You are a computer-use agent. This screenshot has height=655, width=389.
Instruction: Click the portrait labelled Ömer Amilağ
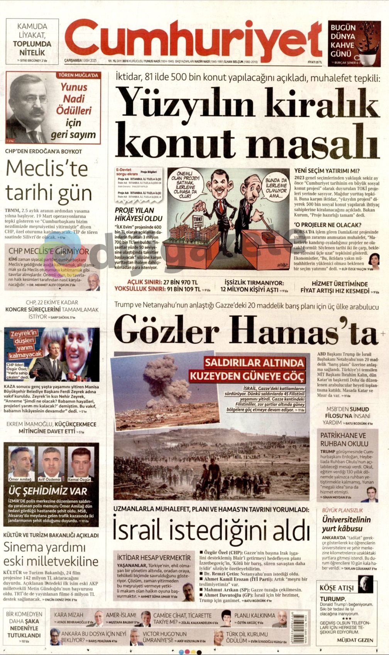[x=20, y=462]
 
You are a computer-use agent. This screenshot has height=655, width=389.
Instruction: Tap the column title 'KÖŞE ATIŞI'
[x=337, y=588]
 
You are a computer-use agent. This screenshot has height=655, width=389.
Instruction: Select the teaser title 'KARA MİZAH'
[x=69, y=615]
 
